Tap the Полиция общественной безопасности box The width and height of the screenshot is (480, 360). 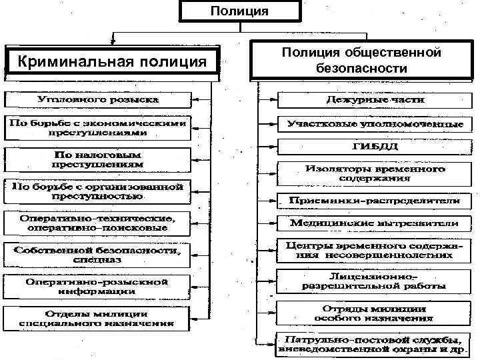pyautogui.click(x=362, y=60)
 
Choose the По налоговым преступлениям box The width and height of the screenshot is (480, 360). pyautogui.click(x=98, y=158)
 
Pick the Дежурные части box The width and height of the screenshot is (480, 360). pyautogui.click(x=375, y=100)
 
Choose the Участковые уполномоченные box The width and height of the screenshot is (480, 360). pyautogui.click(x=375, y=123)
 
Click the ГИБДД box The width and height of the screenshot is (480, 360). pyautogui.click(x=375, y=145)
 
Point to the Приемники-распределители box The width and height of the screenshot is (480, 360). pyautogui.click(x=375, y=200)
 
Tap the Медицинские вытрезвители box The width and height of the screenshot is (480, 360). pyautogui.click(x=375, y=222)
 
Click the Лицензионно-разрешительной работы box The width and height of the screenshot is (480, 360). pyautogui.click(x=375, y=281)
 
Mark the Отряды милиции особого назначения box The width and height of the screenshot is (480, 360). pyautogui.click(x=375, y=313)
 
